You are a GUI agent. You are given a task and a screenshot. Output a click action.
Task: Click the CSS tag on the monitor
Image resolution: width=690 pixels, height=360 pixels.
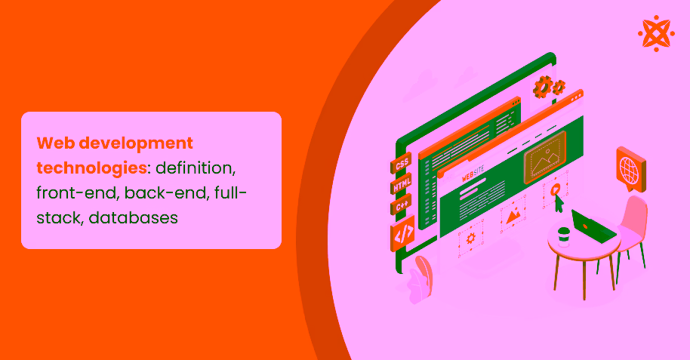click(x=402, y=164)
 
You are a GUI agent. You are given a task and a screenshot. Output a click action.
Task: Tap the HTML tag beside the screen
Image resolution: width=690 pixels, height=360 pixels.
click(x=402, y=186)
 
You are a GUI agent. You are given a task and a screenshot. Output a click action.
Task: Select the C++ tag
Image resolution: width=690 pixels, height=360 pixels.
click(x=402, y=207)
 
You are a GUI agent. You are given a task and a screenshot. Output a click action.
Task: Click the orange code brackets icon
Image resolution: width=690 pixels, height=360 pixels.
click(x=403, y=235)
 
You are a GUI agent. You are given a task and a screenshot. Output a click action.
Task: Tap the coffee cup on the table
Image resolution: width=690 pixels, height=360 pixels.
click(x=563, y=236)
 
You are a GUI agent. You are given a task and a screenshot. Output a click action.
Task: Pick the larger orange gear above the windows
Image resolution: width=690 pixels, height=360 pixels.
click(x=542, y=88)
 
